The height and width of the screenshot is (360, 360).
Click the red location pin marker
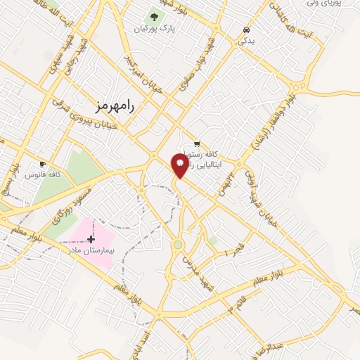(x=180, y=166)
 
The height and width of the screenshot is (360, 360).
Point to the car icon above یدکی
(x=246, y=30)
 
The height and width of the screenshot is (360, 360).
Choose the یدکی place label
(x=246, y=41)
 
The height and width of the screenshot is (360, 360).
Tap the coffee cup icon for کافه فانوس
(x=43, y=164)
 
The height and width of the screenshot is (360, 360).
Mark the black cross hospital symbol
(x=91, y=239)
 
